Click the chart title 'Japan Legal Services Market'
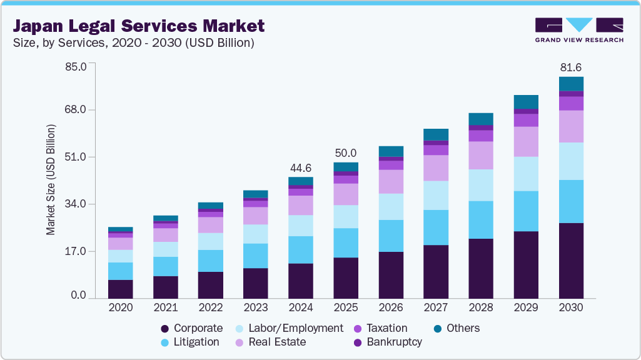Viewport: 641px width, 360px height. pos(139,26)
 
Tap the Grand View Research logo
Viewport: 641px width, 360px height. pos(578,30)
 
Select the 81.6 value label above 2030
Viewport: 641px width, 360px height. pos(571,67)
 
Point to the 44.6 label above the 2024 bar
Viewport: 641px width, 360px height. pos(301,168)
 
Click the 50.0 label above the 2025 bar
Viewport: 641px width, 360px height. pos(346,153)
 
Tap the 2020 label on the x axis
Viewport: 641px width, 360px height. pos(121,308)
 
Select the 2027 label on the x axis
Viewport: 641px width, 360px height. pos(436,308)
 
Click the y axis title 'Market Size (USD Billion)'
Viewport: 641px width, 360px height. pos(51,180)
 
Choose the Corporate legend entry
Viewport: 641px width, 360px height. pos(191,328)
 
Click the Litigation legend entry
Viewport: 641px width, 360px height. pos(190,342)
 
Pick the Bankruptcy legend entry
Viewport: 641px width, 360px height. pos(387,342)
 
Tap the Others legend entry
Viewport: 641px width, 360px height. pos(457,328)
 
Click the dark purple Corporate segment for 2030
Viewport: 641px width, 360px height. pos(571,260)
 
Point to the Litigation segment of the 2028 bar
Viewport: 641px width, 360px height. pos(481,219)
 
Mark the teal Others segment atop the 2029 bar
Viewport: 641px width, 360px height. pos(526,102)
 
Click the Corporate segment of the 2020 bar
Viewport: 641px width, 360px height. pos(121,289)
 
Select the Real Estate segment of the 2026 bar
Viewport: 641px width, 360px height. pos(391,181)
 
